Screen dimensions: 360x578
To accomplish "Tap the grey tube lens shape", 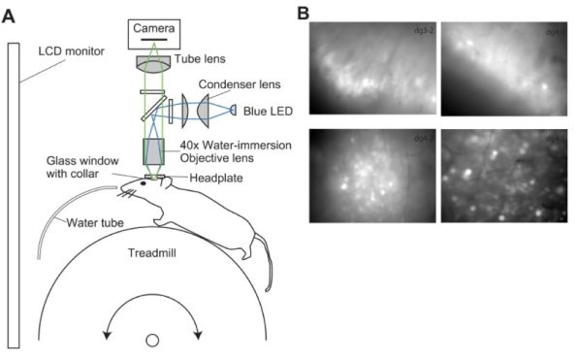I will pyautogui.click(x=156, y=61).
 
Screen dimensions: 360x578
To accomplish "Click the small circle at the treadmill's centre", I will pyautogui.click(x=152, y=341).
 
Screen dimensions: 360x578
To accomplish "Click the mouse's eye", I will pyautogui.click(x=144, y=182).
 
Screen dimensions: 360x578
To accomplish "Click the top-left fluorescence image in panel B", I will pyautogui.click(x=369, y=70).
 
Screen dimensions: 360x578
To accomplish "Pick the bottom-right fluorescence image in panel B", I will pyautogui.click(x=502, y=177).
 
